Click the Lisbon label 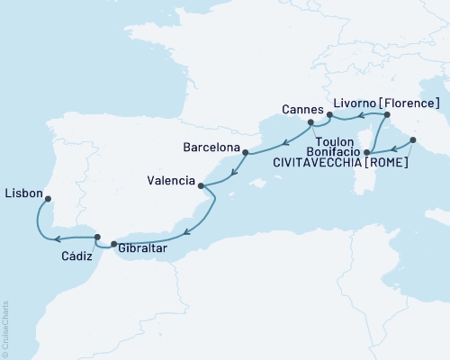coord(22,192)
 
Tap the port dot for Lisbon coord(48,200)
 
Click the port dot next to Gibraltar coord(112,245)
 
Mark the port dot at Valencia coord(201,187)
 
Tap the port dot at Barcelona coord(244,153)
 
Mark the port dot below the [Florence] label coord(386,115)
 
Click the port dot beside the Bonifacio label coord(368,166)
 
